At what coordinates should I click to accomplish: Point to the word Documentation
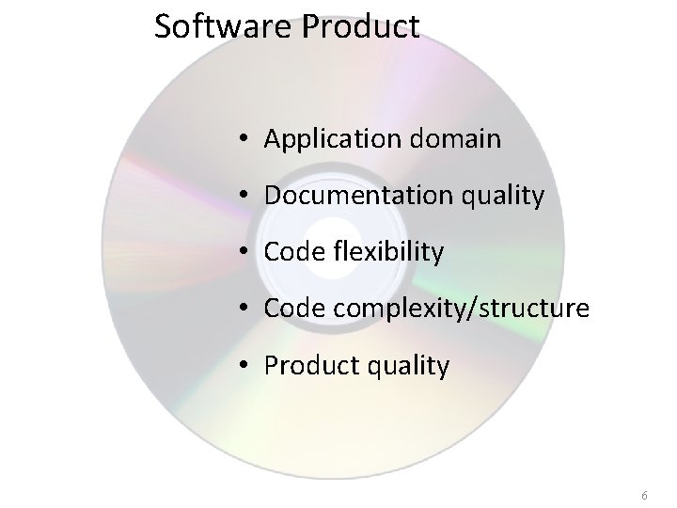351,196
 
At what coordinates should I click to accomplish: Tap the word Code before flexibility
291,252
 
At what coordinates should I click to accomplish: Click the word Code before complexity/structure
291,309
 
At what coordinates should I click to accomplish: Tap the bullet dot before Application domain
243,141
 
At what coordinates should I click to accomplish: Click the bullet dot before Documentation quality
243,197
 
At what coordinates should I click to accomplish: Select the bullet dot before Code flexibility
243,253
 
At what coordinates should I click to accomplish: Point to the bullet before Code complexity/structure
243,310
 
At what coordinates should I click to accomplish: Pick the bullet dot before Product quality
243,366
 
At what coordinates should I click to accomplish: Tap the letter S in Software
164,26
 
